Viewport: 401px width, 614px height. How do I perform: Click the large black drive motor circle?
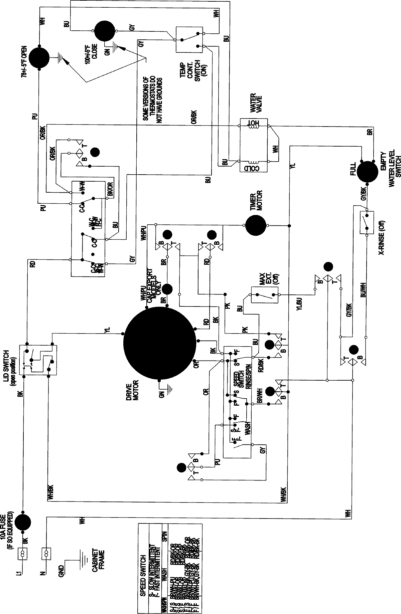point(159,344)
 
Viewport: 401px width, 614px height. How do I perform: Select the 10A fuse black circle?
point(23,521)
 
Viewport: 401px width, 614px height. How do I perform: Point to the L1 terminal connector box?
point(23,553)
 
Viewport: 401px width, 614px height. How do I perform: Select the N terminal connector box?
point(46,554)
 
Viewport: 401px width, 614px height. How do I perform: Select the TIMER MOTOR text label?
point(256,201)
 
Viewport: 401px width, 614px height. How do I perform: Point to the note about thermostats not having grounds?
point(152,100)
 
